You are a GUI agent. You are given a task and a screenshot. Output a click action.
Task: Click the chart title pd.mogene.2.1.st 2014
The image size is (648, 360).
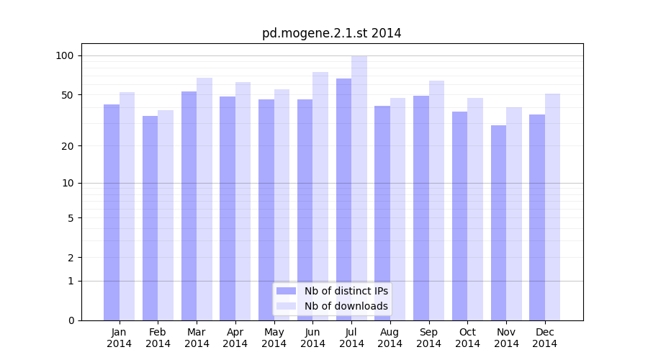[x=331, y=33]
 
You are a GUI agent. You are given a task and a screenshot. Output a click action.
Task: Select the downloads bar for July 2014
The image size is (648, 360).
[x=359, y=188]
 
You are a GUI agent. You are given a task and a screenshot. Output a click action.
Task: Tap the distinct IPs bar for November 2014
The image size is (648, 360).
[x=498, y=222]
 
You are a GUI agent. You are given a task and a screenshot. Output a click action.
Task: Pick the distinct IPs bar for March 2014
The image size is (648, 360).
[x=189, y=206]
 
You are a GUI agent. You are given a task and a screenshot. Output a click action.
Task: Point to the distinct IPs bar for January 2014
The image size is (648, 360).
[x=112, y=212]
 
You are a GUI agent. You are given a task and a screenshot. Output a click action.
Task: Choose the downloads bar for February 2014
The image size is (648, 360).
[x=166, y=215]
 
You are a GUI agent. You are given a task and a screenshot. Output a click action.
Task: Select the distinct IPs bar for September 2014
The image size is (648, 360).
[x=421, y=208]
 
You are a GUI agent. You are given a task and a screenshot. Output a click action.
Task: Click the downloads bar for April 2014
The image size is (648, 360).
[x=243, y=201]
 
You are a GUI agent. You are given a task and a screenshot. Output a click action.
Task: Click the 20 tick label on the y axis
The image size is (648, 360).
[x=68, y=146]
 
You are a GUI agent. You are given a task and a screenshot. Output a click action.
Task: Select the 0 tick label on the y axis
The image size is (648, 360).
[x=71, y=320]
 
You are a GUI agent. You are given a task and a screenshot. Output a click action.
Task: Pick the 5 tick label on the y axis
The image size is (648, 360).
[x=71, y=218]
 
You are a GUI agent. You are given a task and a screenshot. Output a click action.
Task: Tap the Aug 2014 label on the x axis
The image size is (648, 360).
[x=390, y=338]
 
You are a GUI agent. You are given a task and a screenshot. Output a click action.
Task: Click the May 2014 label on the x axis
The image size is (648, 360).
[x=274, y=338]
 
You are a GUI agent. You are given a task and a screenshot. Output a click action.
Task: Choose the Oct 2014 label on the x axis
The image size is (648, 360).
[x=467, y=338]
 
